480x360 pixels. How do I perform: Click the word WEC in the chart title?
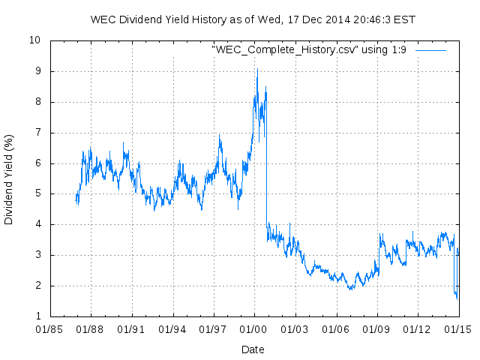click(x=103, y=18)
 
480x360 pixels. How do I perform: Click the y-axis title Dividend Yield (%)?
click(x=9, y=179)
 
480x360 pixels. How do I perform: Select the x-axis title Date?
click(x=253, y=349)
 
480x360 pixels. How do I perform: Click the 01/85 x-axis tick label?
click(x=49, y=329)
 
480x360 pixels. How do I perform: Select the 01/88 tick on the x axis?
click(x=91, y=329)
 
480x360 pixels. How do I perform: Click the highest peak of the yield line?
click(x=257, y=69)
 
